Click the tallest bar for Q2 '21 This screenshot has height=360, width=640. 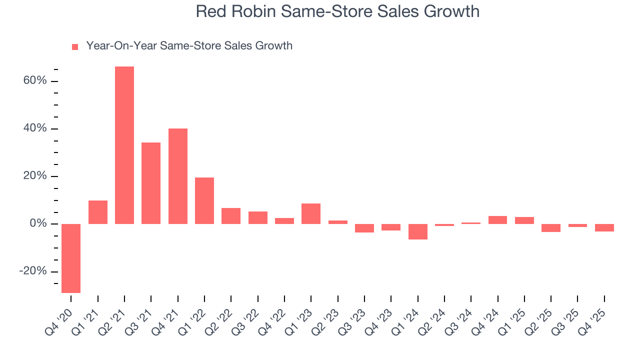(124, 145)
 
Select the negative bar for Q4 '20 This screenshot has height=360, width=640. (71, 258)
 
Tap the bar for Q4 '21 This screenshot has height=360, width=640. (178, 176)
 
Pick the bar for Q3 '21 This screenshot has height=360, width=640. (151, 183)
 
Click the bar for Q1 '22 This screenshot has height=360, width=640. (204, 200)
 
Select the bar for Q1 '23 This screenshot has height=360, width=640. (311, 213)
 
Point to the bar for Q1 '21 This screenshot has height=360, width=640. (98, 212)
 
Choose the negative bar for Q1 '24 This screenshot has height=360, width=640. (418, 231)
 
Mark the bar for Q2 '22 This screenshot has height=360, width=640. (231, 216)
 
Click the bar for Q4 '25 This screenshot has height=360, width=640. (604, 227)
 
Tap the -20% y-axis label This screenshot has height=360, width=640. (33, 271)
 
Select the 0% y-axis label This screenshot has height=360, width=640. (38, 223)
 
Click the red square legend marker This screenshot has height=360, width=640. (75, 47)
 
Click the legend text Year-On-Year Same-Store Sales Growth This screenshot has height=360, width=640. (189, 46)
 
